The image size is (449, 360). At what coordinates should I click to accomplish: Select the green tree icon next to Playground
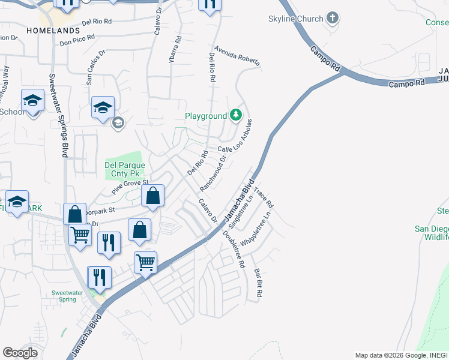click(x=237, y=115)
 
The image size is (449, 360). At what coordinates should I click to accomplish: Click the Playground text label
click(x=205, y=116)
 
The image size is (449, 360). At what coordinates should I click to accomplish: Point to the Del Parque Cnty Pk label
click(x=125, y=169)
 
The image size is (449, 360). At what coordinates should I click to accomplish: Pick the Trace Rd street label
click(x=264, y=197)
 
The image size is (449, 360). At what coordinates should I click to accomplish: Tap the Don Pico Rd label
click(x=77, y=40)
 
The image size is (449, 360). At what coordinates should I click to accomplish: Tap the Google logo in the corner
click(x=20, y=353)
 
